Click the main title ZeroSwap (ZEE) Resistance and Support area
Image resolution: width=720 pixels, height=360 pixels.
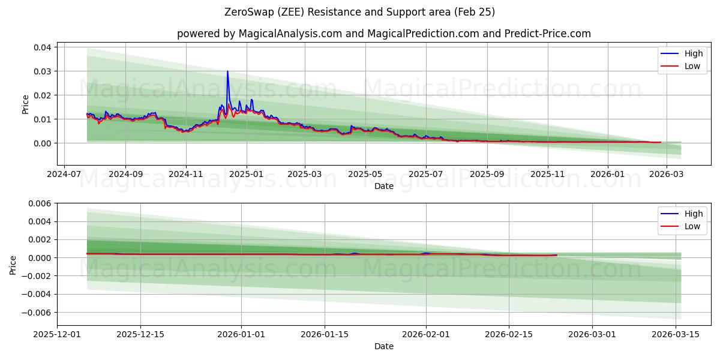(360, 12)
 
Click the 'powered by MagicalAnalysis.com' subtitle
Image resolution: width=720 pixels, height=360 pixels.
(384, 34)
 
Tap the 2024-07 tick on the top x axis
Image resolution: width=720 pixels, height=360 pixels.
(64, 174)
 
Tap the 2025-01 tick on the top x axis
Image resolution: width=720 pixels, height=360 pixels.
(247, 174)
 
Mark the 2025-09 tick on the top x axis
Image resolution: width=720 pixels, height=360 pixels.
(487, 174)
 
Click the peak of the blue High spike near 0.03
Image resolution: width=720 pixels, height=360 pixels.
(227, 71)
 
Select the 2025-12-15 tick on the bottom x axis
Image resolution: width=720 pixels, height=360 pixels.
(140, 334)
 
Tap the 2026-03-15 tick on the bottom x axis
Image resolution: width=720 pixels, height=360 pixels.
(676, 334)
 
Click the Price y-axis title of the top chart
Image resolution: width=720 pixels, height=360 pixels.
(25, 104)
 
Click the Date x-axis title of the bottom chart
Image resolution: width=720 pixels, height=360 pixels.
(384, 346)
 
